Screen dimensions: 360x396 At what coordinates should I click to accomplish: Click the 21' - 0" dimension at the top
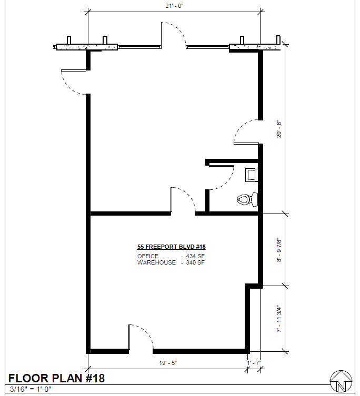(174, 6)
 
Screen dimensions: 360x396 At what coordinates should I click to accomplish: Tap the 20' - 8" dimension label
(279, 129)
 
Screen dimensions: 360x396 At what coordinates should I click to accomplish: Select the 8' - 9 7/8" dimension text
(279, 250)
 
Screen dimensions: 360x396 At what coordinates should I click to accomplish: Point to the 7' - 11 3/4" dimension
(279, 319)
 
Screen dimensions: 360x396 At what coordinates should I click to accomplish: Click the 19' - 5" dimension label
(168, 363)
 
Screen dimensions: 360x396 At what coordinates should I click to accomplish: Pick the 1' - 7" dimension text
(254, 363)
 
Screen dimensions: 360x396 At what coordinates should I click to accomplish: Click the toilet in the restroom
(248, 199)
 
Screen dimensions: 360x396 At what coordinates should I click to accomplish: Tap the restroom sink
(252, 175)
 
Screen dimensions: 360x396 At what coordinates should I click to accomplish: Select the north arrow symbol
(341, 381)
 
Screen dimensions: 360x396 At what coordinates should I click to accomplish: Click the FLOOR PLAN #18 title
(57, 378)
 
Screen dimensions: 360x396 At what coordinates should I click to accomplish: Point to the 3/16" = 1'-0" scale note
(31, 389)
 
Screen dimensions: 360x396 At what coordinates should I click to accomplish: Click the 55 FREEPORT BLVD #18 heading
(172, 247)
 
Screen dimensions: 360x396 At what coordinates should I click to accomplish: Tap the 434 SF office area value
(195, 256)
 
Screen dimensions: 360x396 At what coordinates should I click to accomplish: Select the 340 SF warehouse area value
(195, 262)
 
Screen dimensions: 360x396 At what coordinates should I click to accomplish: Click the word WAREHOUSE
(156, 262)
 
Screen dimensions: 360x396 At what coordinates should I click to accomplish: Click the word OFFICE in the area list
(148, 256)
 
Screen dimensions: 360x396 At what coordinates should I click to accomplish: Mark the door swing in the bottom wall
(146, 331)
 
